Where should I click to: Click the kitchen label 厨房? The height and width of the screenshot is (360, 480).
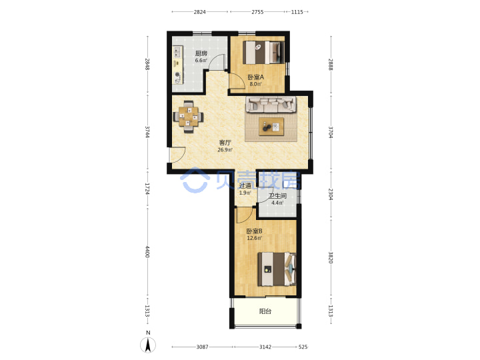tap(201, 53)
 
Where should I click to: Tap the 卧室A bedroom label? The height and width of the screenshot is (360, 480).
tap(255, 77)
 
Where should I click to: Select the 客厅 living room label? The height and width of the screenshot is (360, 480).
tap(225, 143)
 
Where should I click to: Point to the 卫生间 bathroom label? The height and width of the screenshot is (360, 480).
tap(277, 196)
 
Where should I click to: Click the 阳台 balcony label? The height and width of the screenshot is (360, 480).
tap(265, 311)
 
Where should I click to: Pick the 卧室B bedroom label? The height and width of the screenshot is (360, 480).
tap(255, 231)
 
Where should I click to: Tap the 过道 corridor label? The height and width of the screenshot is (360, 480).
tap(245, 185)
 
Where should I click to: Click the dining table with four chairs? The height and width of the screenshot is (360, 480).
tap(188, 117)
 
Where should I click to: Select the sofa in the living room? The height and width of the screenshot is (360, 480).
tap(271, 104)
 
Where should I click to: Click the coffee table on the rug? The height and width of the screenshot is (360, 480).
tap(271, 126)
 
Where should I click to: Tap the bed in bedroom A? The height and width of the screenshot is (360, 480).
tap(263, 53)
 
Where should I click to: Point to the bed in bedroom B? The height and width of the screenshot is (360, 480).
tap(277, 269)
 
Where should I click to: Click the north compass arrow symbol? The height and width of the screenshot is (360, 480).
tap(148, 345)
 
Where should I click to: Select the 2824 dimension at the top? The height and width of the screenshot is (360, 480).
tap(199, 12)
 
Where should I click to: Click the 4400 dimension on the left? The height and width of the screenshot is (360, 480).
tap(147, 251)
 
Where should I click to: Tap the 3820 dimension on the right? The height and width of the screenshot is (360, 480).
tap(331, 257)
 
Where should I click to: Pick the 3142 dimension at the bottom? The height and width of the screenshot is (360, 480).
tap(265, 347)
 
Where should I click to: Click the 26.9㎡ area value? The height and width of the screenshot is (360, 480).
tap(225, 150)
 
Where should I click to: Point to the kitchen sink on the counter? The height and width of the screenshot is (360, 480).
tap(177, 51)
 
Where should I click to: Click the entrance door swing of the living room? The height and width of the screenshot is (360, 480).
tap(178, 155)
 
